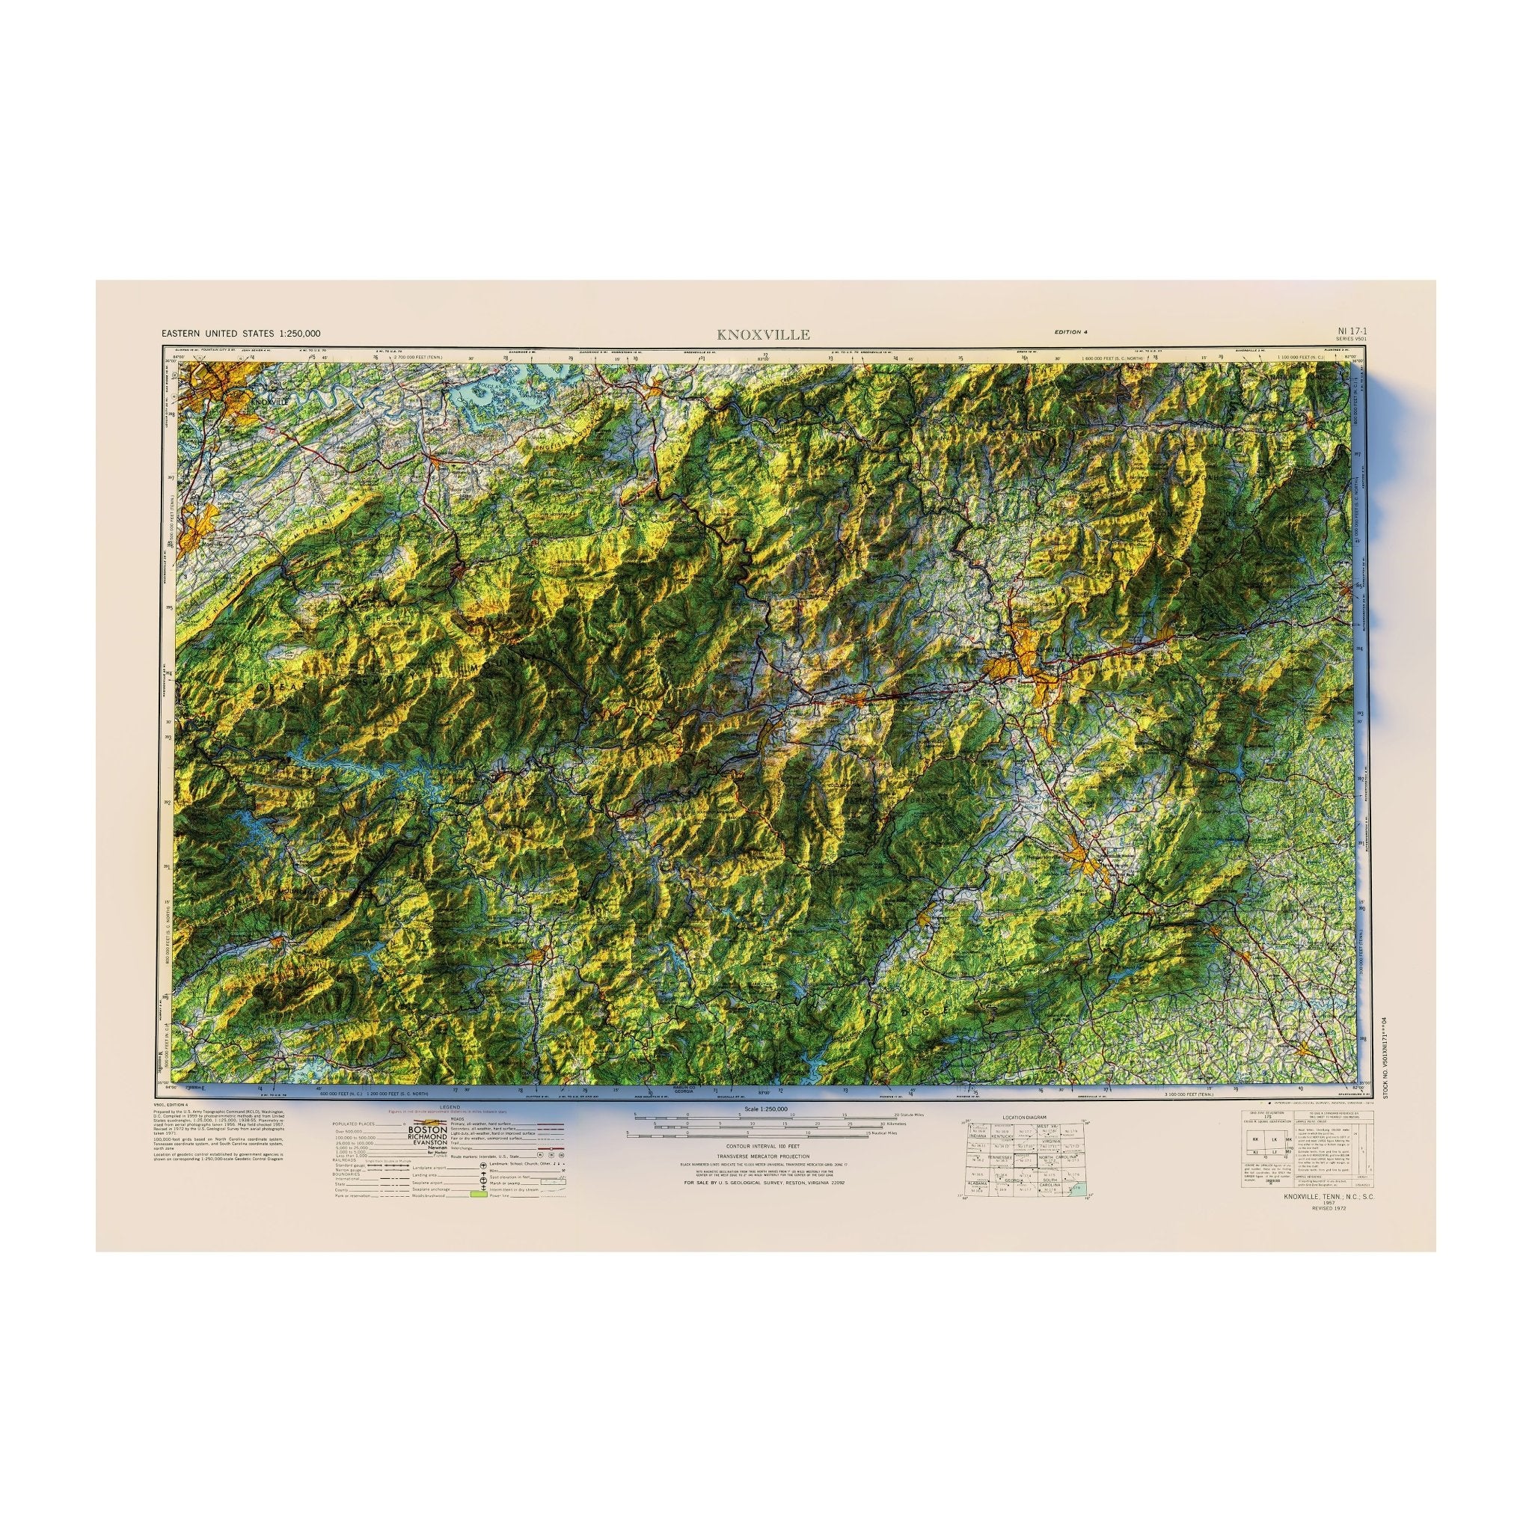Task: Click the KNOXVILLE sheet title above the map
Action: (x=763, y=334)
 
